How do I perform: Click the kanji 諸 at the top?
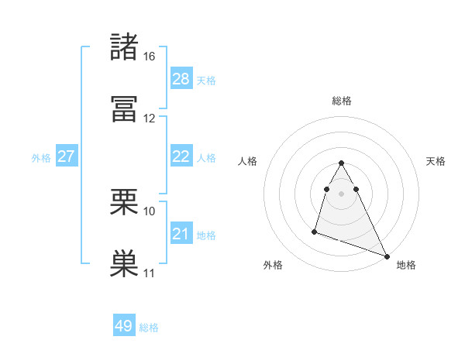[124, 47]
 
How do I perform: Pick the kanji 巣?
[124, 264]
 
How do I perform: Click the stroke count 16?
[150, 57]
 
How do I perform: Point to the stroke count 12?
[150, 118]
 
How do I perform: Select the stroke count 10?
[150, 211]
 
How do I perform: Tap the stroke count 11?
[150, 273]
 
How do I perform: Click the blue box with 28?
[181, 79]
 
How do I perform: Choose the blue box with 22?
[181, 156]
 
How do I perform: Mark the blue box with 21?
[181, 234]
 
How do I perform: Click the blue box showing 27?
[67, 156]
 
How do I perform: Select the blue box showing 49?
[124, 326]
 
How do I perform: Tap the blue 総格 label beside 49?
[149, 328]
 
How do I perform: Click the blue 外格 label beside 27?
[41, 158]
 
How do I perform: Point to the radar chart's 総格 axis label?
[342, 101]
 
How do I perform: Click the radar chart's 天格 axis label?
[436, 161]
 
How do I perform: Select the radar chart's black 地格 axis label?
[406, 265]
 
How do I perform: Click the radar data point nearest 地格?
[387, 256]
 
